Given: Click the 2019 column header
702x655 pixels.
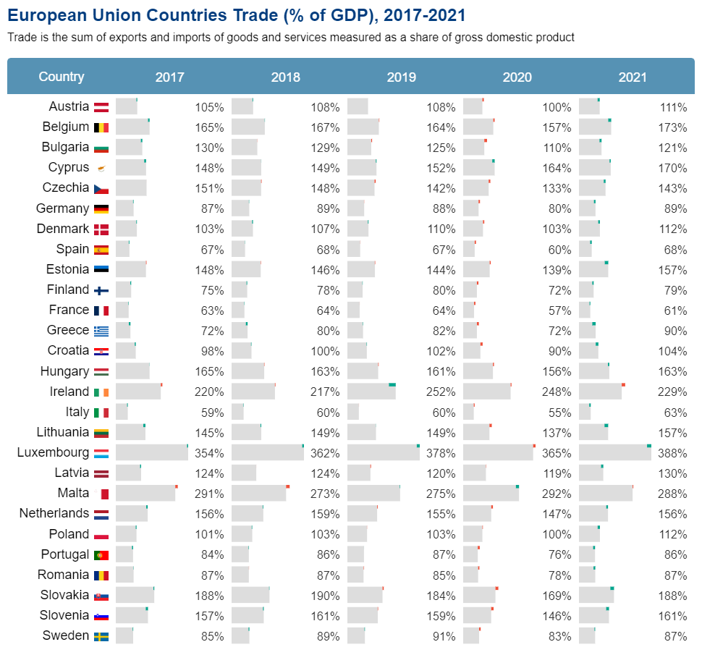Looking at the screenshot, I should coord(401,77).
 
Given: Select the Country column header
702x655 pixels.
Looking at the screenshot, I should coord(62,77).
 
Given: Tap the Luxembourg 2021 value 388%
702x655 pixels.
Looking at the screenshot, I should coord(672,454).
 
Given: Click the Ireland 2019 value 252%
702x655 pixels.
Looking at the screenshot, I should coord(441,392).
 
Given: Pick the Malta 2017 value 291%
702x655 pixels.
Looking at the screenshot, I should coord(209,494).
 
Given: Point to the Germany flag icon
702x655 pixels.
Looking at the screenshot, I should coord(101,209).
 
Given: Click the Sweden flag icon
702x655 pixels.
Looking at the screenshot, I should coord(101,637).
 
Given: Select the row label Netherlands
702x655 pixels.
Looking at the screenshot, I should coord(54,514).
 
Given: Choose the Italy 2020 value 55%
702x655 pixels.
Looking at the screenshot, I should coord(559,413).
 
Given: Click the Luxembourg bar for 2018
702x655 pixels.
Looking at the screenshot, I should coord(267,453).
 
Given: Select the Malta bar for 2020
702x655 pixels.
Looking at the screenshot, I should coord(491,494).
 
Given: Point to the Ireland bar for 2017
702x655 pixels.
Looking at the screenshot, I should coord(138,392).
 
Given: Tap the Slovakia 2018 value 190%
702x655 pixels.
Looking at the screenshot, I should coord(325,596).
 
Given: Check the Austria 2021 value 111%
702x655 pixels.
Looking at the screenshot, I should coord(672,108).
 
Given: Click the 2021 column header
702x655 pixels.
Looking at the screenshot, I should coord(633,77).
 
